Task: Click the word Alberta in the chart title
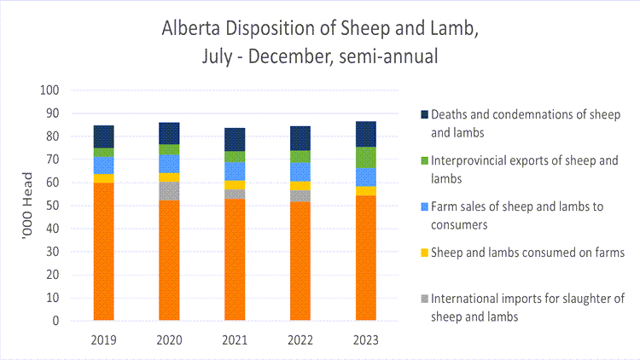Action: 187,28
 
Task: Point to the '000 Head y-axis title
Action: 27,205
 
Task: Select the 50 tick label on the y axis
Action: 53,206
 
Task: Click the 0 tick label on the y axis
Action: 55,322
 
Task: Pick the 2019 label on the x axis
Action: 104,338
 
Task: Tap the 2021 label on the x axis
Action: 235,338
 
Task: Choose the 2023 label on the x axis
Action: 365,338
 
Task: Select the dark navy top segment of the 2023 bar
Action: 365,134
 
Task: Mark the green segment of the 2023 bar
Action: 365,157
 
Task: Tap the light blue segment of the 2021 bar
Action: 235,171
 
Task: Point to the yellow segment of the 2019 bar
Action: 104,177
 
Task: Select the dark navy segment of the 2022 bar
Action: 300,138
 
